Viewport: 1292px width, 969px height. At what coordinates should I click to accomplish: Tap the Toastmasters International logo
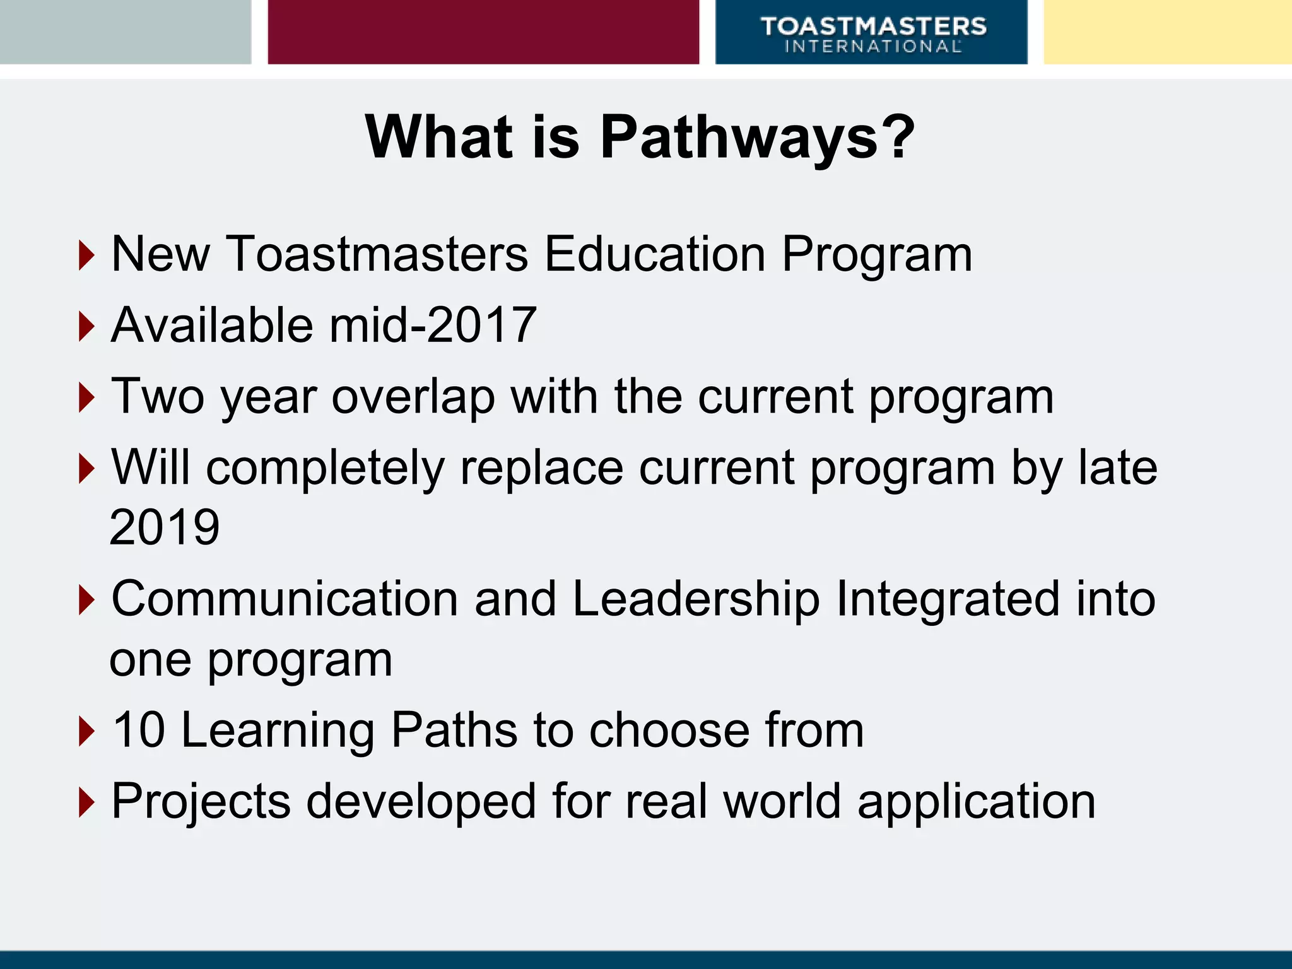[872, 35]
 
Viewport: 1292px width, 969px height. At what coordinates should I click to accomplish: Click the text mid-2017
[433, 326]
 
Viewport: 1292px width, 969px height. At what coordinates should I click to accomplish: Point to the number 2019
[165, 527]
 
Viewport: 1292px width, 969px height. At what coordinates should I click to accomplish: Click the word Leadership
[696, 599]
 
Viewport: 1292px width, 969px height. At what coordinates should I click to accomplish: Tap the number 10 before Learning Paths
[139, 730]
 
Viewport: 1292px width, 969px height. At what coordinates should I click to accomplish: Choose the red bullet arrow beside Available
[86, 327]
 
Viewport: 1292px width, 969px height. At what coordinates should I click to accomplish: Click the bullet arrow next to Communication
[86, 599]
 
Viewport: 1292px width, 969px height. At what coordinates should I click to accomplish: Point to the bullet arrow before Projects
[86, 802]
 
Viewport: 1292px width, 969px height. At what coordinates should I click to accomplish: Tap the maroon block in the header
[483, 32]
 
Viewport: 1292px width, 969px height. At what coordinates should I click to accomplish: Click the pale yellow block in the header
[1167, 32]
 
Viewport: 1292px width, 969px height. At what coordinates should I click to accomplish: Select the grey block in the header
[125, 32]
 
